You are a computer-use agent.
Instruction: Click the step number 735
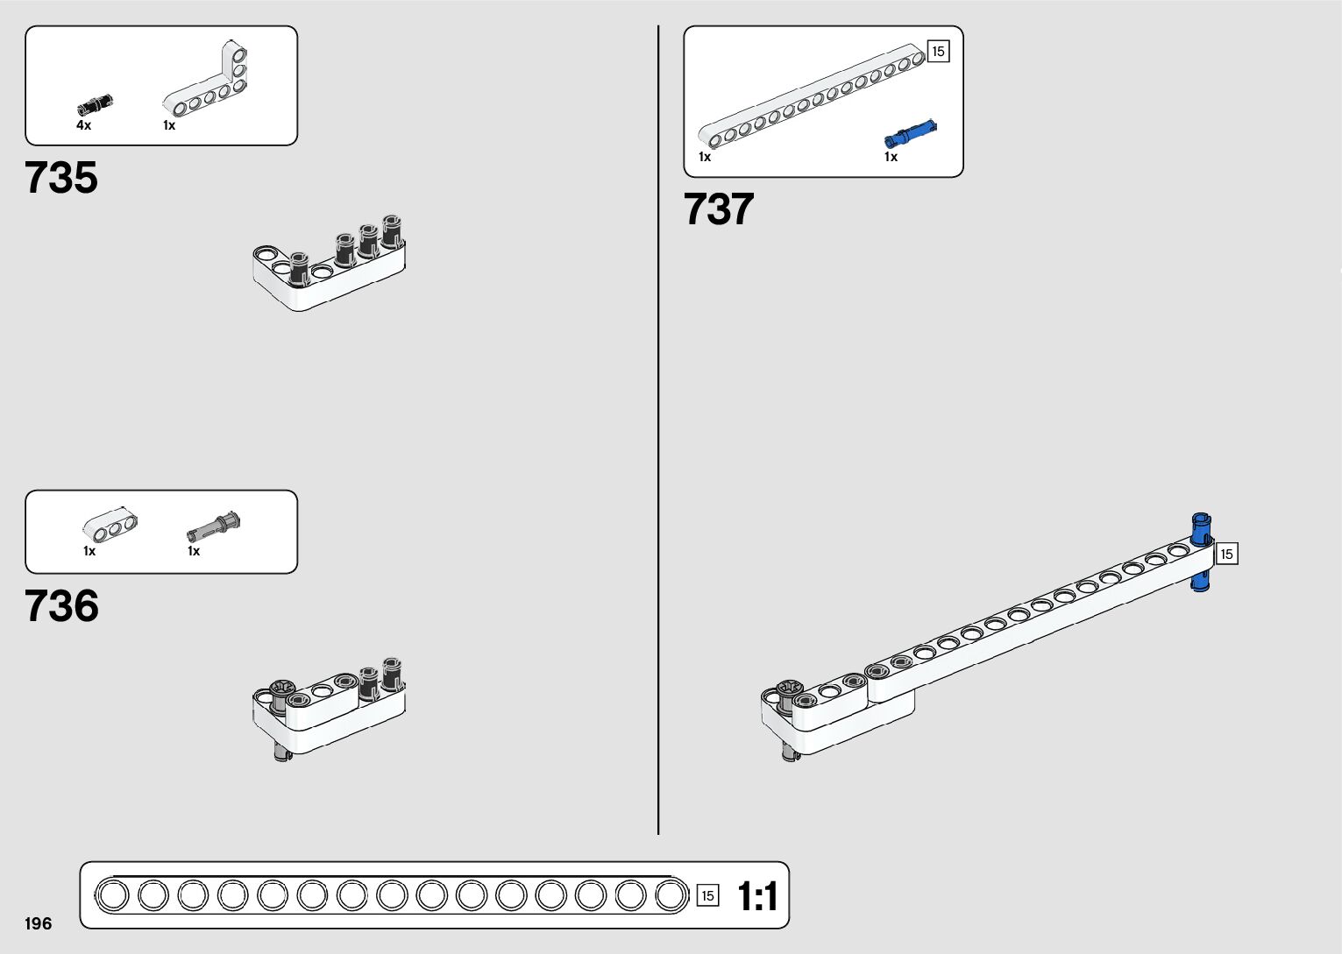pyautogui.click(x=61, y=178)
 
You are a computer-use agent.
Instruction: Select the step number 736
pyautogui.click(x=61, y=606)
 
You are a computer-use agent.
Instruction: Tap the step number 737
pyautogui.click(x=718, y=210)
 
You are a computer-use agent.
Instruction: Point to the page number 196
pyautogui.click(x=39, y=924)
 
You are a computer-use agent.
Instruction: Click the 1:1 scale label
pyautogui.click(x=756, y=897)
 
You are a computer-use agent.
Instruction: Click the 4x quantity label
pyautogui.click(x=83, y=125)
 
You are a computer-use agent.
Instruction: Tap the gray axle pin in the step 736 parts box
pyautogui.click(x=214, y=526)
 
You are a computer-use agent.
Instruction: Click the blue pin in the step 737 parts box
pyautogui.click(x=911, y=134)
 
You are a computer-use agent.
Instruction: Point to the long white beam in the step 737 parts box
pyautogui.click(x=811, y=96)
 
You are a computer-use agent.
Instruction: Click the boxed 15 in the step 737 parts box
pyautogui.click(x=938, y=52)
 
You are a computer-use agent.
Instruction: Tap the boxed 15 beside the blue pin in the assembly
pyautogui.click(x=1226, y=554)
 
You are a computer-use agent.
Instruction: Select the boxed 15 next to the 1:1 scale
pyautogui.click(x=707, y=895)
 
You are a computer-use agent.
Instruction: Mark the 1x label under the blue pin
pyautogui.click(x=891, y=157)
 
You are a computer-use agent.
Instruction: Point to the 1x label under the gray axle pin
pyautogui.click(x=194, y=551)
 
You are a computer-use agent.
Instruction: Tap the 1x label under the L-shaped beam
pyautogui.click(x=169, y=125)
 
